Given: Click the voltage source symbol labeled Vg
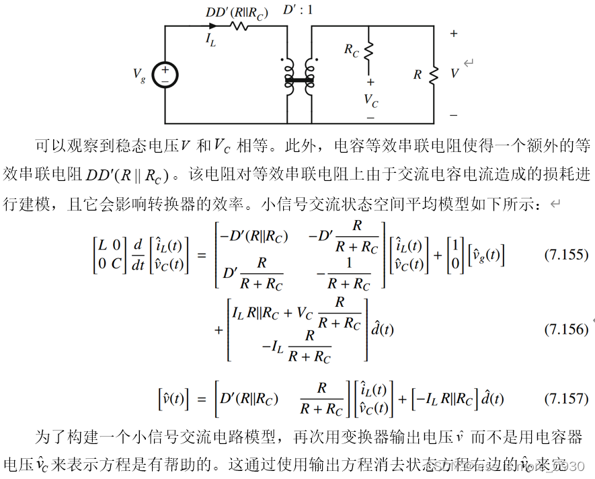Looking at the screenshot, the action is click(x=165, y=75).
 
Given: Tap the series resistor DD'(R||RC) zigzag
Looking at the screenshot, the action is click(x=239, y=26).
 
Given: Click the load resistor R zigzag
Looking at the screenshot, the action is click(x=434, y=75).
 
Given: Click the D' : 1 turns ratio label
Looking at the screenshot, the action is click(x=298, y=10).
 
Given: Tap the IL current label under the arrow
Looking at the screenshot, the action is click(x=210, y=40).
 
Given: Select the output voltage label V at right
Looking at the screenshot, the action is click(x=454, y=74).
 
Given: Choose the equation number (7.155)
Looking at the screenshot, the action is click(x=565, y=256).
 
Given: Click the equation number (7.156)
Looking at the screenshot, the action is click(x=565, y=330).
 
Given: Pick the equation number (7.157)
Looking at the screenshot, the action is click(x=565, y=398).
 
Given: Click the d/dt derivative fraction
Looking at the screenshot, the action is click(x=138, y=256).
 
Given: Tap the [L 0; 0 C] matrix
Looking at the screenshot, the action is click(x=108, y=256).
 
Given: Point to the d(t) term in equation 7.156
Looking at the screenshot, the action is click(x=383, y=330).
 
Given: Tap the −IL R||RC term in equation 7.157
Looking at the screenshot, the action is click(x=444, y=399).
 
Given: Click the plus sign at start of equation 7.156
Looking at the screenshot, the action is click(x=219, y=330).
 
